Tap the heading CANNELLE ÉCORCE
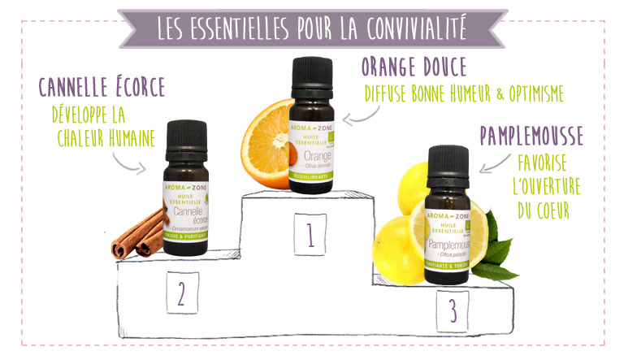102,85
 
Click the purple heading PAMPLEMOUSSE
531,134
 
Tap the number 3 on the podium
450,310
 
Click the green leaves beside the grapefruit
491,248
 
